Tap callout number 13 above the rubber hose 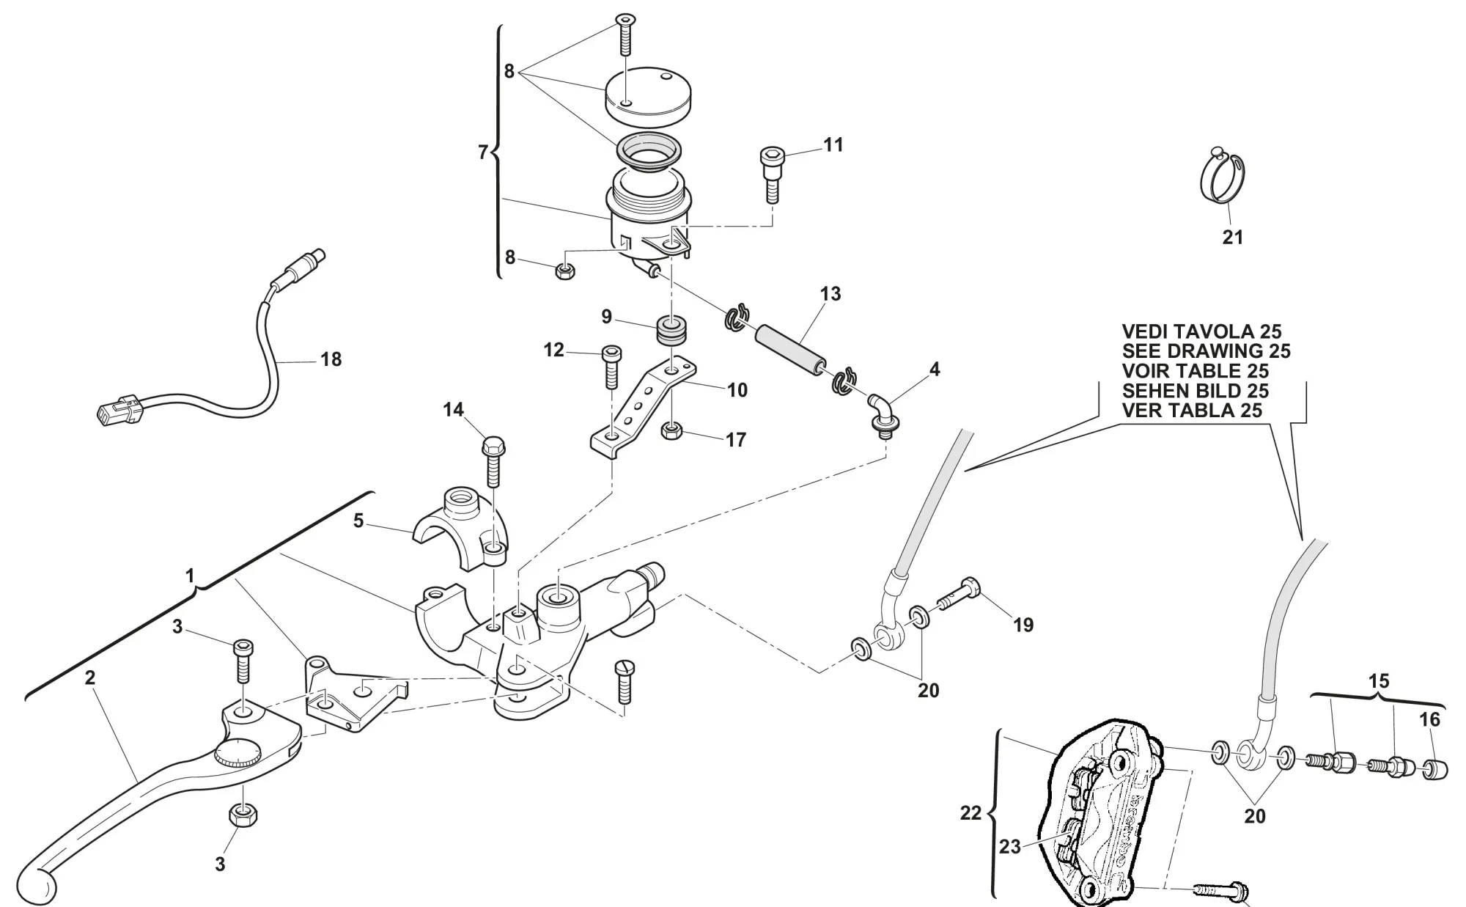point(830,294)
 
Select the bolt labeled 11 point(770,174)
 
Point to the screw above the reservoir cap point(624,34)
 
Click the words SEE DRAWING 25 point(1206,351)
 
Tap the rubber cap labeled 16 point(1434,770)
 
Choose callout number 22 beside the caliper point(970,813)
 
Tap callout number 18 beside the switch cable point(331,359)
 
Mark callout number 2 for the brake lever point(89,678)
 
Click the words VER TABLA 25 point(1192,411)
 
